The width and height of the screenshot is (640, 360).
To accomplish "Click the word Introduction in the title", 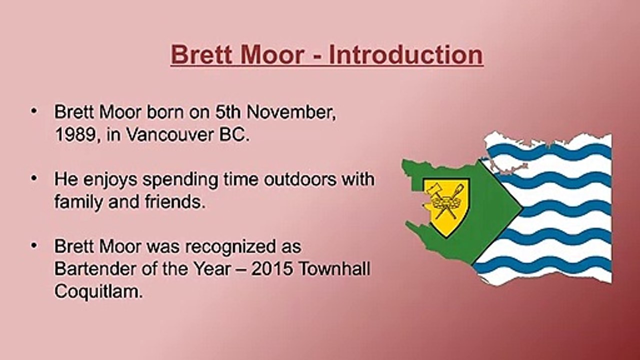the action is pyautogui.click(x=406, y=54).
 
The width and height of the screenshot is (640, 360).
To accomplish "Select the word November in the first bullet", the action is pyautogui.click(x=291, y=112).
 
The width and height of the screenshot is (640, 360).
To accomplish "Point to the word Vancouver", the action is pyautogui.click(x=170, y=134).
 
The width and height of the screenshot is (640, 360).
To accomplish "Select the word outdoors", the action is pyautogui.click(x=300, y=179).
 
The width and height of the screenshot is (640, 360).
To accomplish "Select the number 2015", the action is pyautogui.click(x=271, y=269).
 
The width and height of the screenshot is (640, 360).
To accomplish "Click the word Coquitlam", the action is pyautogui.click(x=98, y=291).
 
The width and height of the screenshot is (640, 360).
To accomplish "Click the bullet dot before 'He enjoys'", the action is pyautogui.click(x=34, y=178).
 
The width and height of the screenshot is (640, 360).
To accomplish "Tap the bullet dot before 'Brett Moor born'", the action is pyautogui.click(x=34, y=111).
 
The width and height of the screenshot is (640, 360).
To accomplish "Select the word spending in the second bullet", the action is pyautogui.click(x=180, y=180).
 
